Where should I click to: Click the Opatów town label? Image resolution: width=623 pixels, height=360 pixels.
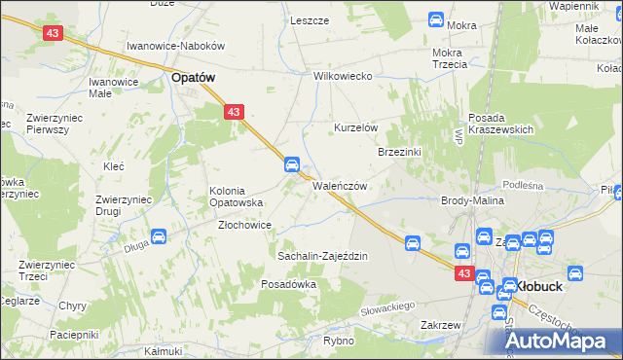(x=193, y=77)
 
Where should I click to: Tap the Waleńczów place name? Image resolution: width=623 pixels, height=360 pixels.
(x=339, y=186)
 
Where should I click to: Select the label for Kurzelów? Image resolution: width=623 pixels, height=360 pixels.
(x=355, y=128)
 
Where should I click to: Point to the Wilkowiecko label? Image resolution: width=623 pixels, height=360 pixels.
(x=344, y=76)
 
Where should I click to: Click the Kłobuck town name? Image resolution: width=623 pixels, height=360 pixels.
(x=545, y=287)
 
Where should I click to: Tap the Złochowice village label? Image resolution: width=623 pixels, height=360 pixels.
(x=243, y=224)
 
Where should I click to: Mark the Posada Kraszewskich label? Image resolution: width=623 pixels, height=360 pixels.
(x=501, y=124)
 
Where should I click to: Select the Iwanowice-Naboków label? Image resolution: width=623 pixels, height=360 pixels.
(x=176, y=46)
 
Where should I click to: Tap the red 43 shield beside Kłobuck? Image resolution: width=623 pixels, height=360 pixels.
(x=463, y=275)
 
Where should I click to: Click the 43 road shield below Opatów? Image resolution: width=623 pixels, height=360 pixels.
(x=233, y=113)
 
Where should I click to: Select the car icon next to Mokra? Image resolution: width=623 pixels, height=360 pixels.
(x=436, y=18)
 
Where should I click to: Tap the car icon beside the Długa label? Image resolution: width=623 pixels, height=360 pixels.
(x=160, y=236)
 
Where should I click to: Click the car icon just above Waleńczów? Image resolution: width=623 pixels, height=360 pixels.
(x=291, y=164)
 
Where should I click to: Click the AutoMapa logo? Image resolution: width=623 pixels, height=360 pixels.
(x=553, y=340)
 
